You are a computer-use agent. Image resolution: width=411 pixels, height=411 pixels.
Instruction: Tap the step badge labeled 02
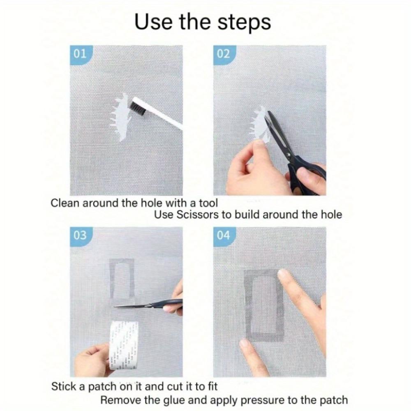pyautogui.click(x=224, y=54)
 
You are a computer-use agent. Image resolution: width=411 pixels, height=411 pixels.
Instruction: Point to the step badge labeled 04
pyautogui.click(x=224, y=236)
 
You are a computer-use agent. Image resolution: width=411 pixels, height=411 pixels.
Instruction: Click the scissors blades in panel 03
pyautogui.click(x=132, y=305)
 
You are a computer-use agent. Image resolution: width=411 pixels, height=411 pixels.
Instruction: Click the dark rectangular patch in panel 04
pyautogui.click(x=263, y=305)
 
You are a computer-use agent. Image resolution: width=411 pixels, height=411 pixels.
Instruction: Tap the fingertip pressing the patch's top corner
pyautogui.click(x=284, y=274)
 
